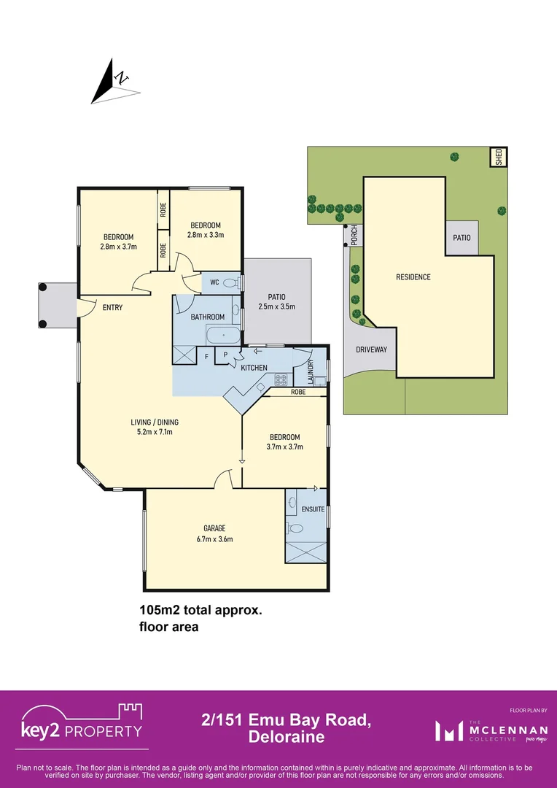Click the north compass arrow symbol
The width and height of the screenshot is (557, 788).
click(x=113, y=81)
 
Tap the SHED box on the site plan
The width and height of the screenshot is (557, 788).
click(x=499, y=157)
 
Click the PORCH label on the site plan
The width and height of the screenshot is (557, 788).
click(x=354, y=234)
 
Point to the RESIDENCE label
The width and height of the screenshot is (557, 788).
click(x=413, y=277)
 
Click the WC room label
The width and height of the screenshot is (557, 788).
click(x=214, y=282)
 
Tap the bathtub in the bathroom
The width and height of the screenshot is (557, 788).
click(x=222, y=337)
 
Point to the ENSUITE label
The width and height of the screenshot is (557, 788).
click(x=312, y=509)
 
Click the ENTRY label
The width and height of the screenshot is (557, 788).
click(x=112, y=308)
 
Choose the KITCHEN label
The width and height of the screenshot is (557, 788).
click(x=254, y=368)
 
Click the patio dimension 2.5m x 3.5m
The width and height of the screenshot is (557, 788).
click(x=276, y=307)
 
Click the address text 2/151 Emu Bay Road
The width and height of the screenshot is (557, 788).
click(x=286, y=721)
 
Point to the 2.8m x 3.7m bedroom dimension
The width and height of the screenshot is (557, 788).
click(x=118, y=247)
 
